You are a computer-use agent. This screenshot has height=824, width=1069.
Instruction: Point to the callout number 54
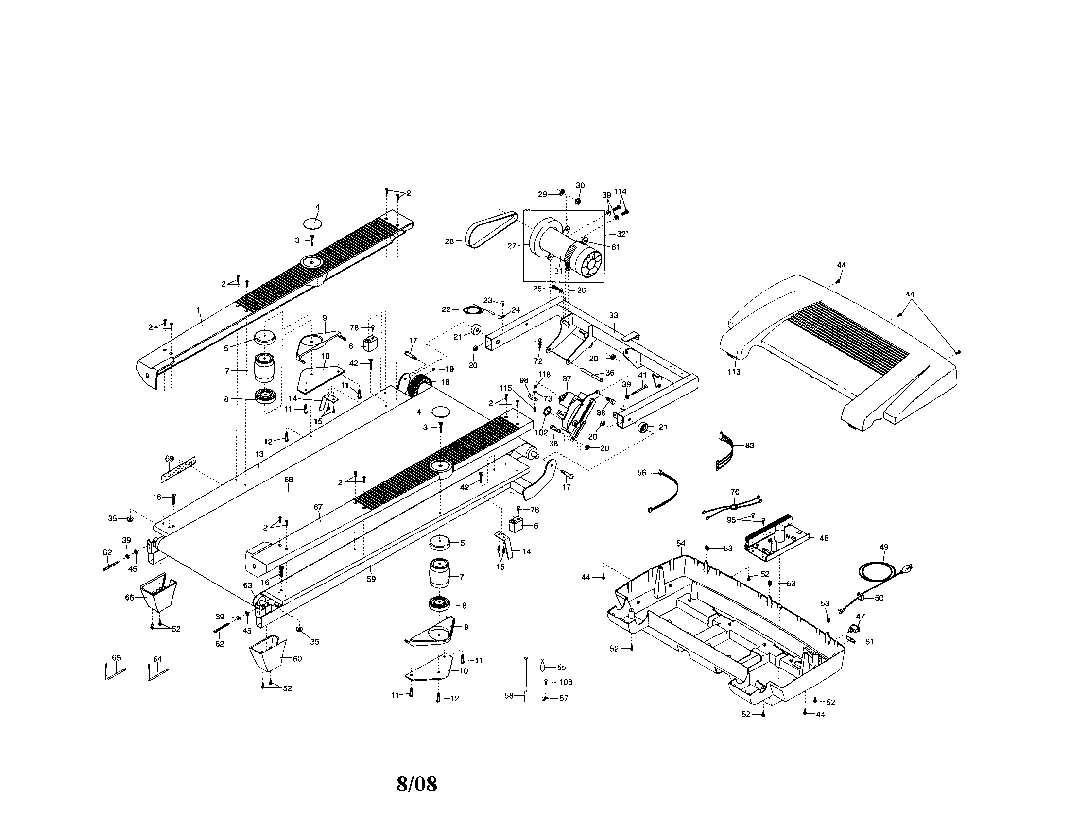(x=681, y=544)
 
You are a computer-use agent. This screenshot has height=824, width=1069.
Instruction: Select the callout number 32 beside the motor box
(x=621, y=234)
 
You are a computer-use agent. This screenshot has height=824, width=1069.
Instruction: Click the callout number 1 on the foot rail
(x=198, y=310)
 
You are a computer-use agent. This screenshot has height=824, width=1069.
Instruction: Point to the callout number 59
(x=372, y=579)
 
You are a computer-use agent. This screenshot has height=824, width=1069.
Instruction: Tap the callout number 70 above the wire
(x=735, y=492)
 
